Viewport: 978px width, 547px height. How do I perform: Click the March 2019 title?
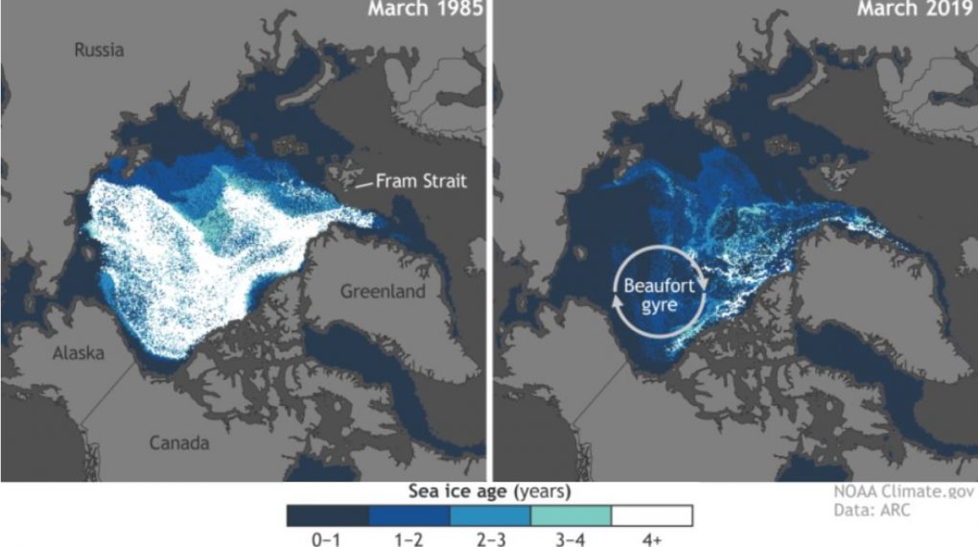[x=909, y=12]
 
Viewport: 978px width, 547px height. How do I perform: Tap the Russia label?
[x=100, y=49]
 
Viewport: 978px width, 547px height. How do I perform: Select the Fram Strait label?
[x=421, y=179]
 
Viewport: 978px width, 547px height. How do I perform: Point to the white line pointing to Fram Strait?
[x=363, y=185]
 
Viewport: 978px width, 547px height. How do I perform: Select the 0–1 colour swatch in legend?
[x=327, y=514]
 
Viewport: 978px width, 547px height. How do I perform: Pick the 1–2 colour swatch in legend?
[x=408, y=514]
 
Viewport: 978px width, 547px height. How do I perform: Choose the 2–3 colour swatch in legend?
[x=489, y=514]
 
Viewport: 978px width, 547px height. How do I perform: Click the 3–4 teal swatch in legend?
[x=570, y=514]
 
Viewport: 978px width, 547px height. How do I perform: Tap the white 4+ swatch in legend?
[x=651, y=514]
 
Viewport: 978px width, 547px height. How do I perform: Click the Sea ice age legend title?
[x=489, y=492]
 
